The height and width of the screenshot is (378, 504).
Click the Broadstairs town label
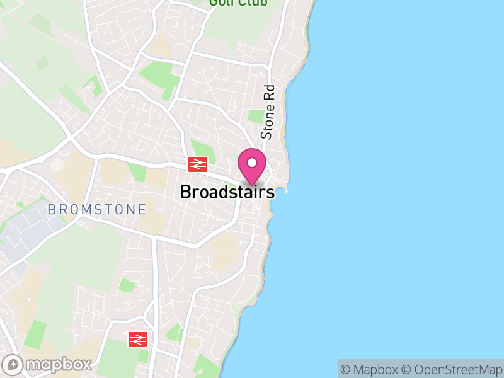coord(227,192)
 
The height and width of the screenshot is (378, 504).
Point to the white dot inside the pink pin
coord(252,163)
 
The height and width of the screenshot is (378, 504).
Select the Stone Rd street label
coord(268,112)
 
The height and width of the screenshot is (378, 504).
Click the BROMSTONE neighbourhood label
coord(97,209)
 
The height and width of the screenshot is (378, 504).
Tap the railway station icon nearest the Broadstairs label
coord(198,164)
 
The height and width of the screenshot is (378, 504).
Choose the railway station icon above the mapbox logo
coord(138,339)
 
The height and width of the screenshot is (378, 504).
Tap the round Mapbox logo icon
coord(14,364)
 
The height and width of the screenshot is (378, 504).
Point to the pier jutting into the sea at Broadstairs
coord(285,190)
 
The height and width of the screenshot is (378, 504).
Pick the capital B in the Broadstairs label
coord(186,192)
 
